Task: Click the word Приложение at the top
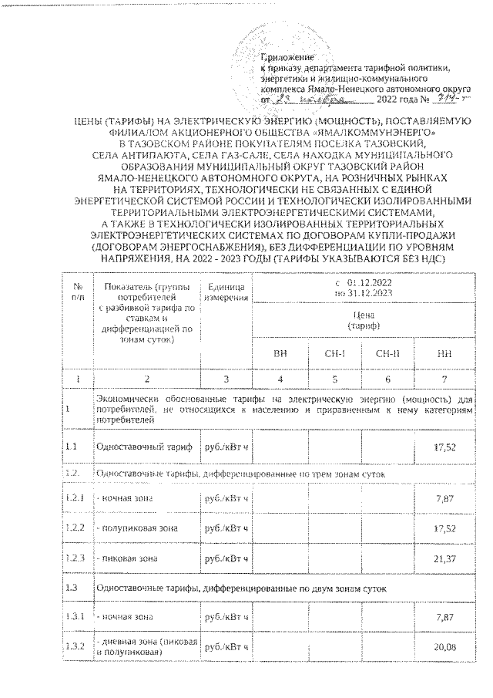286,58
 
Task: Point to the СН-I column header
334,353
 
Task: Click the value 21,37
446,558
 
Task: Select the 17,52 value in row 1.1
446,446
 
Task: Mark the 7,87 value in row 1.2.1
446,500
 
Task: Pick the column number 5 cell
334,379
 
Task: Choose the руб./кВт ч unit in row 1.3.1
224,617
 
